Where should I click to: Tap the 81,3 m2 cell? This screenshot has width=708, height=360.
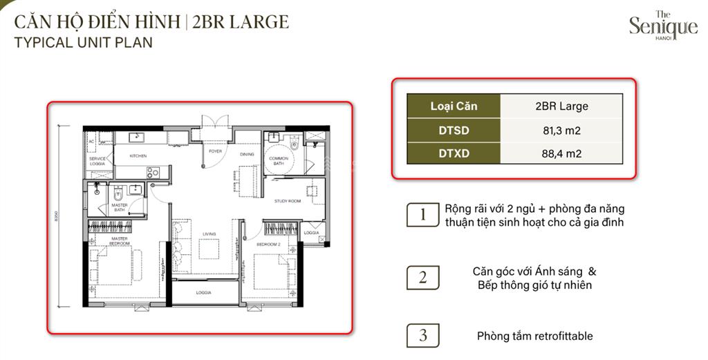pyautogui.click(x=562, y=130)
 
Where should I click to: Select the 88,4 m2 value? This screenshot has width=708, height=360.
pyautogui.click(x=562, y=153)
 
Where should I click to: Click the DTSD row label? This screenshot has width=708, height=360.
pyautogui.click(x=454, y=130)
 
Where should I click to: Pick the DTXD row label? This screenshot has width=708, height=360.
pyautogui.click(x=454, y=153)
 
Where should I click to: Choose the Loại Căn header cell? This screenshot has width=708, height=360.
pyautogui.click(x=454, y=106)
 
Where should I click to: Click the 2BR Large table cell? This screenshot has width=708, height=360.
pyautogui.click(x=562, y=106)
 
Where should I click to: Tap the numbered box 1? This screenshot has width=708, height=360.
pyautogui.click(x=422, y=215)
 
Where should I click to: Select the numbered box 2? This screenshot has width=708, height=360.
pyautogui.click(x=422, y=278)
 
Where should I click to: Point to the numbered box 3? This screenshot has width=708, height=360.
pyautogui.click(x=422, y=336)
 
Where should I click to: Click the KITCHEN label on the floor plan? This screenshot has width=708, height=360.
pyautogui.click(x=138, y=156)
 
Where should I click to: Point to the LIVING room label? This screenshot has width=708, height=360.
pyautogui.click(x=208, y=234)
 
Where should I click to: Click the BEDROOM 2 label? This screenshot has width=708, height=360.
pyautogui.click(x=268, y=245)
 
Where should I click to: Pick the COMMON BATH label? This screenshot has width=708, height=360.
pyautogui.click(x=279, y=161)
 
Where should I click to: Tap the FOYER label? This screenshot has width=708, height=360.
pyautogui.click(x=216, y=151)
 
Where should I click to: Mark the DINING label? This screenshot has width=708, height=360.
pyautogui.click(x=247, y=154)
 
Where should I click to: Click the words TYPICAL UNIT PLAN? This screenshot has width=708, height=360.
pyautogui.click(x=83, y=42)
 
